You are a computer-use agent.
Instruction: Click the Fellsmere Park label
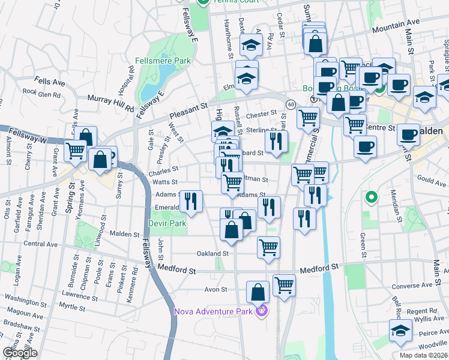coord(163,61)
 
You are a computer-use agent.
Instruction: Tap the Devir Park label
coord(167,223)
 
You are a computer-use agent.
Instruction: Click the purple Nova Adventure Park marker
coord(261,311)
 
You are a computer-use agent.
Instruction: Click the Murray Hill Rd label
coord(110,102)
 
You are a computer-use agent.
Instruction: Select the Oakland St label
coord(214,253)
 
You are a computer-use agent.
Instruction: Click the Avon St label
coord(215,289)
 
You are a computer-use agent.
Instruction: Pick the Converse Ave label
coord(412,286)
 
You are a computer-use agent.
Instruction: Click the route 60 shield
coord(291,104)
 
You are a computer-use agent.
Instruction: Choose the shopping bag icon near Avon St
coord(258,292)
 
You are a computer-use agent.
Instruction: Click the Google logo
coord(19,353)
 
